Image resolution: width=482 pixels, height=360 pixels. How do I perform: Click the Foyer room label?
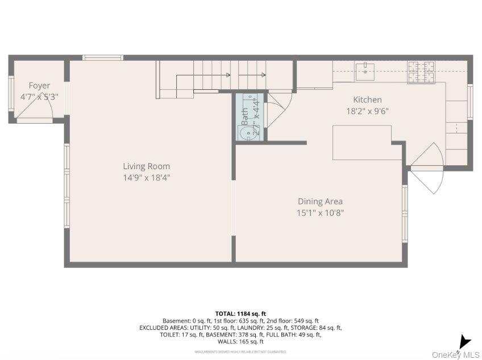39,86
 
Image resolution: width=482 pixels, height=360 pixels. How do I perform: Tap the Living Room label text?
147,166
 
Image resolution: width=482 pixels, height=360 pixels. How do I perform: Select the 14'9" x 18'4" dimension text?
147,178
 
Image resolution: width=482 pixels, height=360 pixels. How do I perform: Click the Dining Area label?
320,202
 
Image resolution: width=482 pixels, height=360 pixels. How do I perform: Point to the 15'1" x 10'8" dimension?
320,213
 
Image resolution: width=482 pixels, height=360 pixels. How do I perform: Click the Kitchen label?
367,100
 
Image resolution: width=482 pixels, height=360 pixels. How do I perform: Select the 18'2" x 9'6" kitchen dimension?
367,111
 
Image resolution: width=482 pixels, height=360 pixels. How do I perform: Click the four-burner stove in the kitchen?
422,71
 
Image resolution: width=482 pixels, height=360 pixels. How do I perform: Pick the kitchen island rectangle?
362,143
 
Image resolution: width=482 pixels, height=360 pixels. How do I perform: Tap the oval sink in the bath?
245,133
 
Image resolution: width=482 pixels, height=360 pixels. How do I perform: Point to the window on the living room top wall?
103,57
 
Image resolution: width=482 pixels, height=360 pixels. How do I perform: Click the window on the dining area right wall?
405,213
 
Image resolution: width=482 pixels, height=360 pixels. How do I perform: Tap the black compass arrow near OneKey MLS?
464,342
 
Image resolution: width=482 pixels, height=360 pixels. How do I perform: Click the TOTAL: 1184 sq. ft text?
240,313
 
